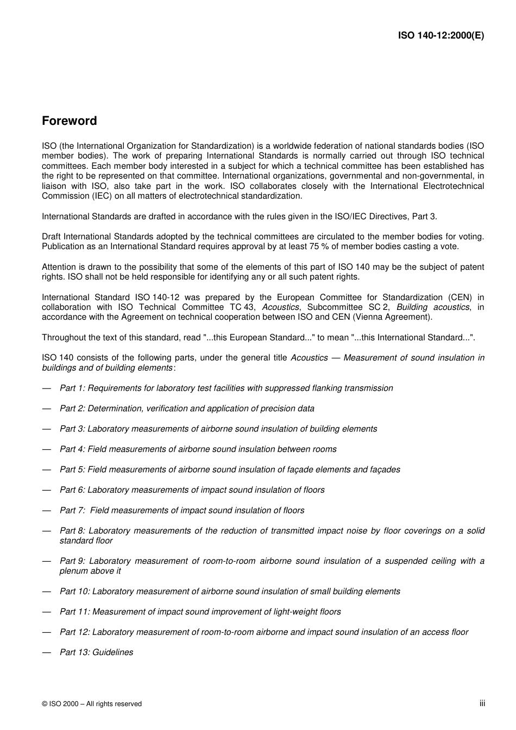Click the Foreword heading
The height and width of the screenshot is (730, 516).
[x=69, y=121]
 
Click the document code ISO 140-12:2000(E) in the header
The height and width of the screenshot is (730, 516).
[x=441, y=36]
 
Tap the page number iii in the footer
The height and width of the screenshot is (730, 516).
[x=482, y=703]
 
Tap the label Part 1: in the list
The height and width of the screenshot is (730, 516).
[x=72, y=388]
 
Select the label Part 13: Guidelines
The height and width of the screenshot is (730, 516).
[x=96, y=652]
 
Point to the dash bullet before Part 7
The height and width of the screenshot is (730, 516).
[x=47, y=510]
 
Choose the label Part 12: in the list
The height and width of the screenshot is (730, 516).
[x=74, y=632]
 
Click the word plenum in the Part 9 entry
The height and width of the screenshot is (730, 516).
[x=75, y=571]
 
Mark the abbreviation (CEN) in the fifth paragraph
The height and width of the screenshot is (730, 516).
[x=460, y=297]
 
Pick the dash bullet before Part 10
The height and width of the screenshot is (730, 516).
[x=47, y=592]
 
